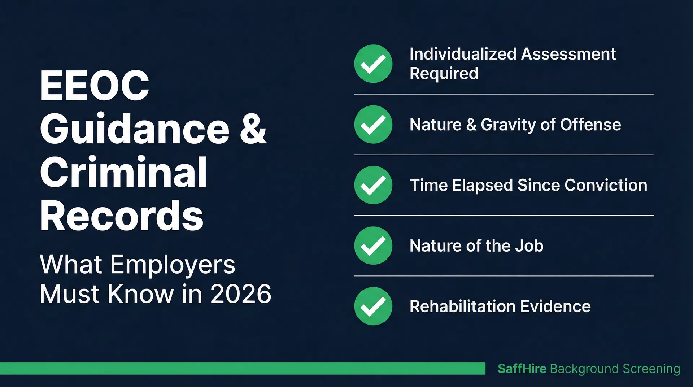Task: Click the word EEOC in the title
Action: (95, 86)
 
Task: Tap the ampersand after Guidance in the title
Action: (253, 129)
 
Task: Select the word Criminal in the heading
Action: (123, 173)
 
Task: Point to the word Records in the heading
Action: (122, 216)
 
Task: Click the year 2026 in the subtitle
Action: (241, 294)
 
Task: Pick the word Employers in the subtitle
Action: (173, 264)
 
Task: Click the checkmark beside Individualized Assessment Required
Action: (373, 64)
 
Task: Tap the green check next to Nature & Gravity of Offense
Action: (373, 125)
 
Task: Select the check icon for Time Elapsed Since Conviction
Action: (373, 185)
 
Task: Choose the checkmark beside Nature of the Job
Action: (373, 246)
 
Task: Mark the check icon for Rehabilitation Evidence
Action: (373, 306)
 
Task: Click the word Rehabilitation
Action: (462, 306)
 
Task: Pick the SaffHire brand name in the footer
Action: (522, 369)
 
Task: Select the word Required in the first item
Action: (444, 74)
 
